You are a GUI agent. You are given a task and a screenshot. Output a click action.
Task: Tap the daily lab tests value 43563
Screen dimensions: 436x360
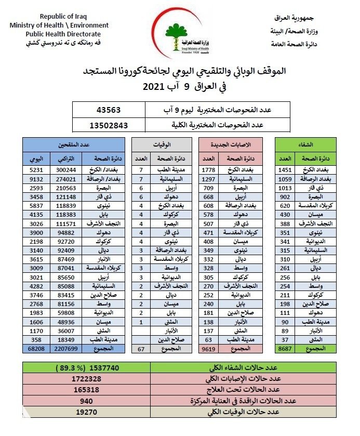tap(112, 110)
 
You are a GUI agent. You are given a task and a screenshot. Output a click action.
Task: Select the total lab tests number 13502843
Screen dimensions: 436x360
tap(109, 125)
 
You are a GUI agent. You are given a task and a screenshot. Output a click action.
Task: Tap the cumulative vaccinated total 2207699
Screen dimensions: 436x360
tap(66, 348)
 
